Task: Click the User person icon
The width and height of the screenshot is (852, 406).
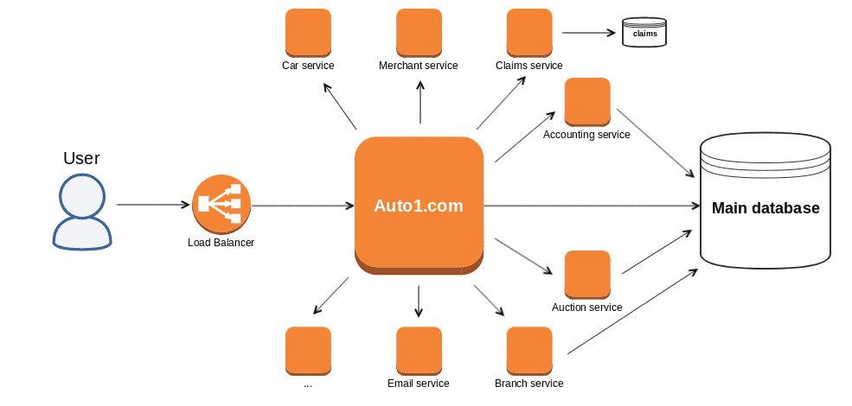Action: point(81,212)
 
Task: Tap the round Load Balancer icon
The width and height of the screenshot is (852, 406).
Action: point(221,204)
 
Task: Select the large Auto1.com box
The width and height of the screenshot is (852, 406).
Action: point(419,206)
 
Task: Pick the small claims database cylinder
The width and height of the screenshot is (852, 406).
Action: point(644,34)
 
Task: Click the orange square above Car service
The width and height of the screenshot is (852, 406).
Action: point(308,32)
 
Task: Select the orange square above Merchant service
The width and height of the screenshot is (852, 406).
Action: point(419,32)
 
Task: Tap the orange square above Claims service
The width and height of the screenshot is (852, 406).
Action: point(529,32)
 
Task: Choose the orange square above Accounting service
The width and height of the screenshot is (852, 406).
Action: point(586,101)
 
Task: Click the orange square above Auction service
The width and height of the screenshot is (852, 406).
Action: point(586,274)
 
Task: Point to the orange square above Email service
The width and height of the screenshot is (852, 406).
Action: point(419,350)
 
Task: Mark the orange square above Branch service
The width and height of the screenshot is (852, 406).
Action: point(529,350)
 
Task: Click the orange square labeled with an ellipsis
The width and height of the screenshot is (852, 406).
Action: point(308,350)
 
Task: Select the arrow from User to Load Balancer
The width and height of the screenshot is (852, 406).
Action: point(153,205)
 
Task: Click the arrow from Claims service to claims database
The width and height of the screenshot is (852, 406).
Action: point(588,34)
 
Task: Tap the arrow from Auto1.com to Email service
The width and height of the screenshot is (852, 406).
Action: point(419,301)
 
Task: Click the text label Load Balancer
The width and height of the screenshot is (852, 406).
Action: point(221,243)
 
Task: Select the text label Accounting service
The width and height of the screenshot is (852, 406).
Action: point(586,135)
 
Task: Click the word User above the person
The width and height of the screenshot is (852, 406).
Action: point(81,158)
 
